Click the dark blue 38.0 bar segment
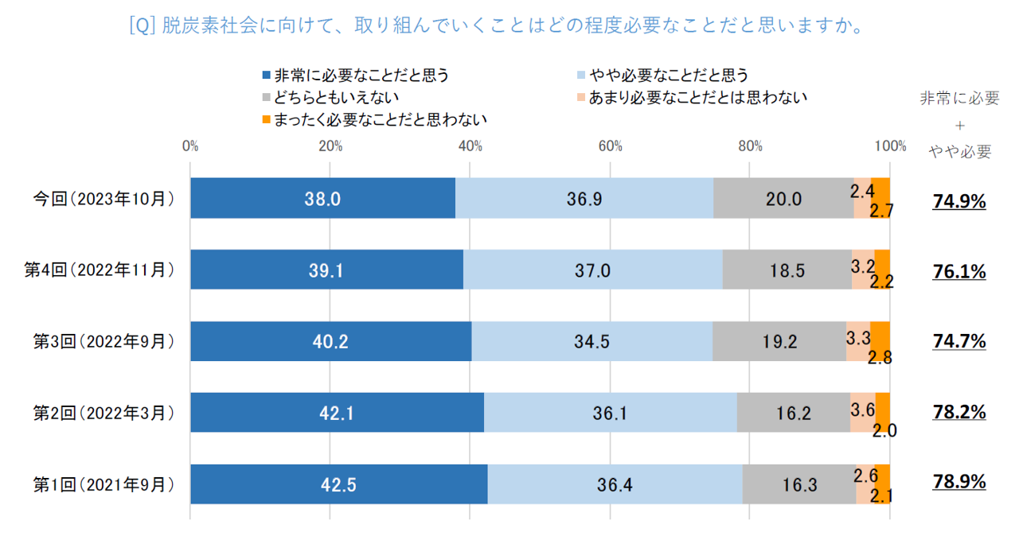(322, 198)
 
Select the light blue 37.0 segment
(592, 270)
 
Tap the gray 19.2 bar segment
(779, 341)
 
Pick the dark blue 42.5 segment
(338, 484)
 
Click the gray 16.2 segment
(793, 412)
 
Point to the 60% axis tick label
(610, 146)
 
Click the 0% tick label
(189, 146)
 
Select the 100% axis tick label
(890, 146)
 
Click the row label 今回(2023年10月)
(103, 199)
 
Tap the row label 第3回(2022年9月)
(103, 342)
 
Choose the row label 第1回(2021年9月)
(103, 484)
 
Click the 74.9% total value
(959, 202)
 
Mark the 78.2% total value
(959, 414)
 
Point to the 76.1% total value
(959, 273)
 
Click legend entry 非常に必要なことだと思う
(361, 76)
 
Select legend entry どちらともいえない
(335, 98)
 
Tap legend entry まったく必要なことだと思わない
(379, 119)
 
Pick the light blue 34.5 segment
(591, 341)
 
